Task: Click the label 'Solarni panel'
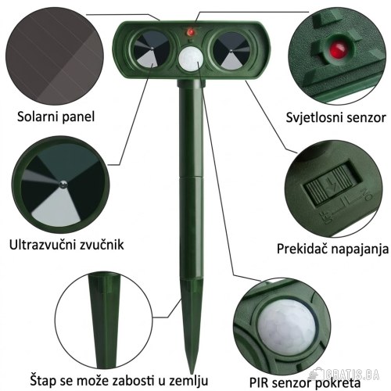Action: (x=56, y=117)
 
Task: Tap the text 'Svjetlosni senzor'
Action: (x=335, y=117)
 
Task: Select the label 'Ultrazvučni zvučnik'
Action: (x=66, y=245)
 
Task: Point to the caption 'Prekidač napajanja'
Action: (x=332, y=249)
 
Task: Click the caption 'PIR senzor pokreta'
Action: (x=305, y=383)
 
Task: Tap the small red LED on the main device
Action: (x=191, y=32)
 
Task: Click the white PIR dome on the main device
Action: (x=191, y=59)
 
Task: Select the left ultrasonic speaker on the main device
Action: (x=151, y=49)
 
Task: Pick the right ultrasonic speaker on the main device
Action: (x=231, y=51)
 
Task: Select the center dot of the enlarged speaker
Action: (x=63, y=185)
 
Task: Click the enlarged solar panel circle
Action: (x=55, y=56)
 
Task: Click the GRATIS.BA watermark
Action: (x=343, y=375)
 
